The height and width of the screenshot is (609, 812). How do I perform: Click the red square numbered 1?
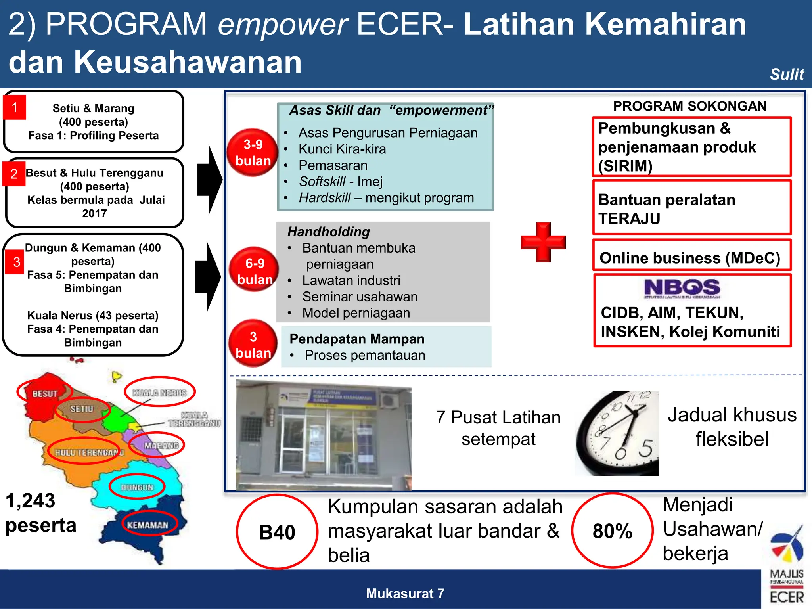tap(15, 107)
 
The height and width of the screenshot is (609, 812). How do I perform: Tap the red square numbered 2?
tap(14, 174)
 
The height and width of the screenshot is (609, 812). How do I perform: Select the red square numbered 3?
tap(16, 262)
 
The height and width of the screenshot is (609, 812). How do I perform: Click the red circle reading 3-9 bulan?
tap(253, 153)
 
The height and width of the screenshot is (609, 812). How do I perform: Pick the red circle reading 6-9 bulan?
tap(254, 270)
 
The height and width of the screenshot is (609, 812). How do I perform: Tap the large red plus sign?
tap(543, 242)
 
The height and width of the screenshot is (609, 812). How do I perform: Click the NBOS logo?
tap(682, 288)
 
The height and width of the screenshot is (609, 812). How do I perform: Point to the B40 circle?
tap(277, 532)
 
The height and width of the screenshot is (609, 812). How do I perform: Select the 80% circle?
tap(612, 531)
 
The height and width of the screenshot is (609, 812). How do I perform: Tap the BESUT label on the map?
tap(45, 394)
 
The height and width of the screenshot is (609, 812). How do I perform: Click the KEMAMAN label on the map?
tap(147, 525)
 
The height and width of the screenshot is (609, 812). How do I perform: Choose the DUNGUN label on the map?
tap(137, 487)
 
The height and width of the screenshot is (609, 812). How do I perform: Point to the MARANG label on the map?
tap(161, 446)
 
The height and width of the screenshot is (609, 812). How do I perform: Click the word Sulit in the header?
tap(787, 74)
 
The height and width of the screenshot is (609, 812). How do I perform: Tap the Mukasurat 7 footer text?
tap(405, 594)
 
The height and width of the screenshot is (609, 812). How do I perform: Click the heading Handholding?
tap(329, 232)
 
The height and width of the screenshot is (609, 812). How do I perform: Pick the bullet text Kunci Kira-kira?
tap(342, 149)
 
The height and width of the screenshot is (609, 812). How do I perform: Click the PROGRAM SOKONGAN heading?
tap(689, 106)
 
